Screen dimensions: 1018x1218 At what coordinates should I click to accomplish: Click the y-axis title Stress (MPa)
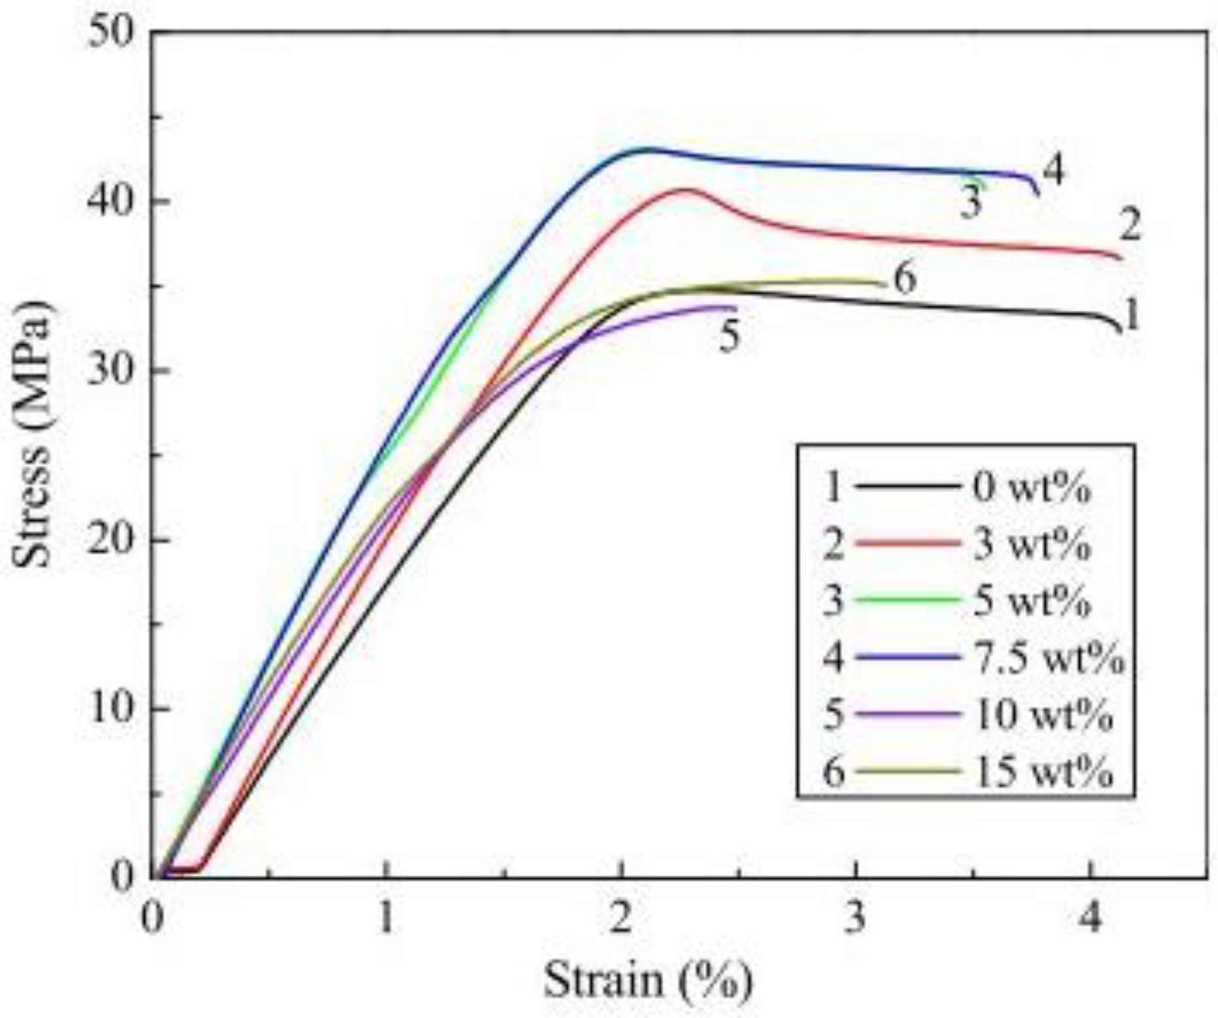click(31, 435)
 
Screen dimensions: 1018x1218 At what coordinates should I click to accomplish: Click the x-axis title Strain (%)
click(648, 981)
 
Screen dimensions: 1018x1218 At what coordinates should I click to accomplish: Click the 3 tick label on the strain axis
click(855, 919)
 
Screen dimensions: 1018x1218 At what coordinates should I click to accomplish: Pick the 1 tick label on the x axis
click(387, 919)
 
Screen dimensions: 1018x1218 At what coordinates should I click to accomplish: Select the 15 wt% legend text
click(1043, 772)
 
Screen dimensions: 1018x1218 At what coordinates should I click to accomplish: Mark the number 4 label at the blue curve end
click(1053, 171)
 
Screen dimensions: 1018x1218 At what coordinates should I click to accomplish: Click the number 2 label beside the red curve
click(1130, 226)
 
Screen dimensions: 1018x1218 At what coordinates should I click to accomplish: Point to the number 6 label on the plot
click(905, 280)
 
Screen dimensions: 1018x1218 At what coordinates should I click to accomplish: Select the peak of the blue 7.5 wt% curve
click(648, 149)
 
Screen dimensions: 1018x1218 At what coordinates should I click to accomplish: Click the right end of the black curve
click(1120, 330)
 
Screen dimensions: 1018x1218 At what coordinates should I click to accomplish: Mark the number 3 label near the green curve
click(971, 203)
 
